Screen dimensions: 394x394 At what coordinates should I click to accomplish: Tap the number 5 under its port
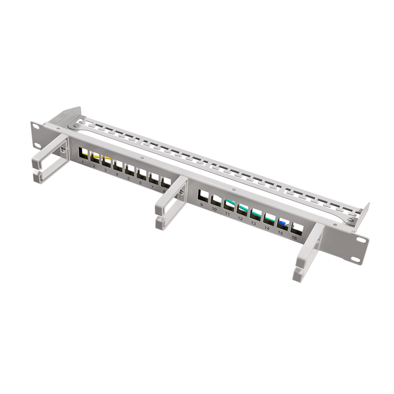click(129, 179)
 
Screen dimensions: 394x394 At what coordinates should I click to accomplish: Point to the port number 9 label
click(201, 205)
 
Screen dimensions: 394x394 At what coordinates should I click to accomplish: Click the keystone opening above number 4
click(118, 165)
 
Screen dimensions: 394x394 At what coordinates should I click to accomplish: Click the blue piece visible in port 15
click(283, 223)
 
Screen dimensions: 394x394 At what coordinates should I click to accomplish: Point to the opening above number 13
click(256, 214)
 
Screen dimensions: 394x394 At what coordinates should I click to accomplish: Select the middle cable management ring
click(170, 202)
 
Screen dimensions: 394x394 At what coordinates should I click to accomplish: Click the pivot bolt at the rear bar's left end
click(74, 126)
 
